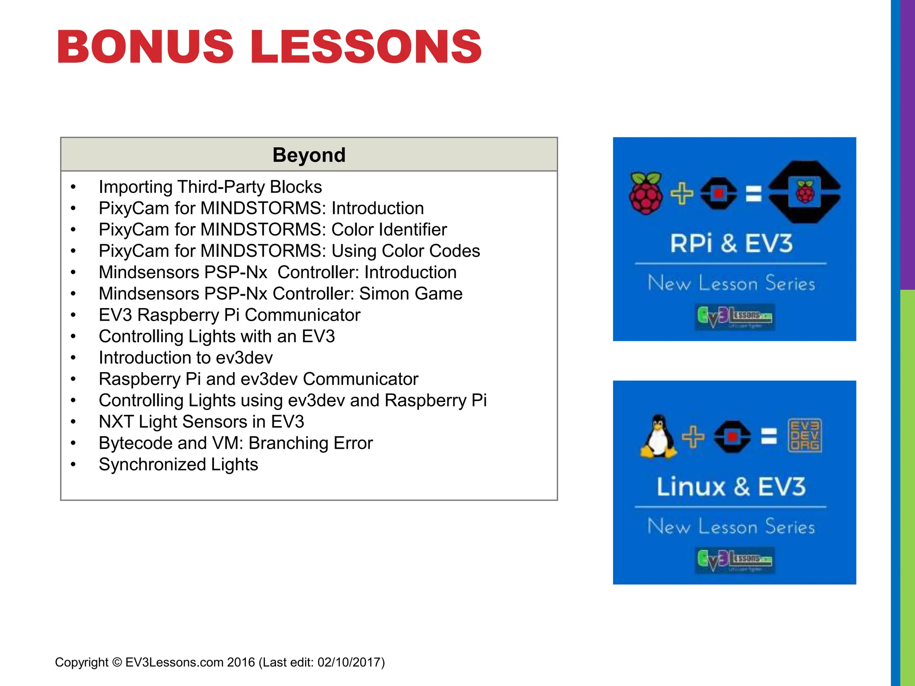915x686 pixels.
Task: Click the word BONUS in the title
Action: [145, 46]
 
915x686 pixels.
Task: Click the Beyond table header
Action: [309, 155]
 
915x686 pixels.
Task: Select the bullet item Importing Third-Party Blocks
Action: [210, 187]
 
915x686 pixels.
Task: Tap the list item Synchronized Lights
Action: [178, 464]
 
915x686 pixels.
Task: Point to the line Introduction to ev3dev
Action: [185, 358]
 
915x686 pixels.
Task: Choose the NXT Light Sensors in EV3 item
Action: [201, 422]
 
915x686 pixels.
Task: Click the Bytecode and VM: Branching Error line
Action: [235, 443]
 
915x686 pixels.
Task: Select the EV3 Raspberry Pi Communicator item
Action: [229, 315]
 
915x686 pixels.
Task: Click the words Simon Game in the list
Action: [411, 293]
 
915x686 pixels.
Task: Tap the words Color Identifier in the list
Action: [389, 230]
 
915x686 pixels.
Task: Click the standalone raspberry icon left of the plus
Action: [646, 193]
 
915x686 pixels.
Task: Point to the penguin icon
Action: [658, 436]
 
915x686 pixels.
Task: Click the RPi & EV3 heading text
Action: [731, 243]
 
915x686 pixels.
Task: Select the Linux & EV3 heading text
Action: [731, 486]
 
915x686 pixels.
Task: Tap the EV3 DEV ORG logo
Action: [804, 435]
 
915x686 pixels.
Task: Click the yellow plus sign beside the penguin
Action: [693, 436]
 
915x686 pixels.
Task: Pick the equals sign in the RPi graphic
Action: [754, 194]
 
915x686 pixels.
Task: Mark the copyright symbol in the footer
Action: [117, 662]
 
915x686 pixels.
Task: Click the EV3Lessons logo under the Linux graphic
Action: [735, 560]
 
